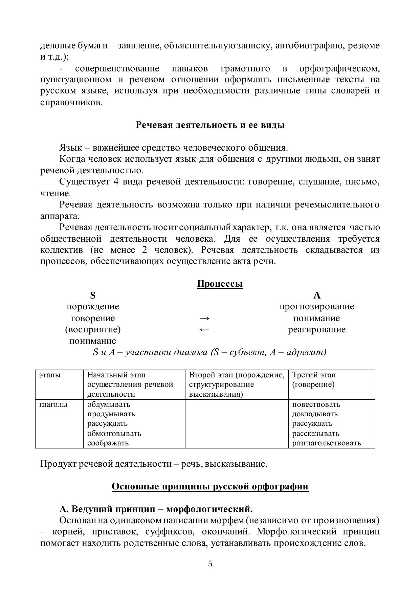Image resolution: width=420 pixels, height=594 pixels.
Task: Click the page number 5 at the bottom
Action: click(x=210, y=564)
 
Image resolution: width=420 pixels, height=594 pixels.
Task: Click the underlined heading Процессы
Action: click(x=220, y=284)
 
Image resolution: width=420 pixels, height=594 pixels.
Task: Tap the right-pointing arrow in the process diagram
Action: click(x=205, y=318)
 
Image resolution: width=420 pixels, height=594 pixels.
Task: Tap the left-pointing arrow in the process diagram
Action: click(x=205, y=330)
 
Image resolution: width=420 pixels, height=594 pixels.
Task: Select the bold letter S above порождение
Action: click(x=93, y=295)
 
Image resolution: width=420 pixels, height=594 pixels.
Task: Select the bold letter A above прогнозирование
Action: click(x=317, y=295)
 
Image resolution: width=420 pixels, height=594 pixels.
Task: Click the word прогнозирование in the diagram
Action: click(x=317, y=307)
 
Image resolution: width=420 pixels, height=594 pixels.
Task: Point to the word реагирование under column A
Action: click(x=317, y=330)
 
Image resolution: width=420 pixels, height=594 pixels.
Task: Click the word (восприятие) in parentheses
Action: click(x=93, y=329)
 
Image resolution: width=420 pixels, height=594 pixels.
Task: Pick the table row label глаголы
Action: click(x=53, y=404)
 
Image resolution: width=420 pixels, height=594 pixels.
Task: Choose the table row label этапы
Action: click(x=50, y=375)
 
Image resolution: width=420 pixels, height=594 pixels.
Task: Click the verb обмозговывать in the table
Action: click(x=114, y=433)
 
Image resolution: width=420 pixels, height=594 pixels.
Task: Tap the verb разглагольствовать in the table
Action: click(x=326, y=443)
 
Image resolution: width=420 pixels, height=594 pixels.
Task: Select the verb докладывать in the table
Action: click(x=315, y=414)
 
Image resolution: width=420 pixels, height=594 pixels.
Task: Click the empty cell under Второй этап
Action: click(x=236, y=423)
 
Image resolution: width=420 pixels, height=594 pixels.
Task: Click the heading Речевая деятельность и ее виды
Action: click(x=210, y=125)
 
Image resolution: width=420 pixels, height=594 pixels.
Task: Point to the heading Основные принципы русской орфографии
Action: click(x=210, y=486)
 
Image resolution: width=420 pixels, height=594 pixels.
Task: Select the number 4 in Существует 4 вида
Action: click(x=116, y=182)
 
